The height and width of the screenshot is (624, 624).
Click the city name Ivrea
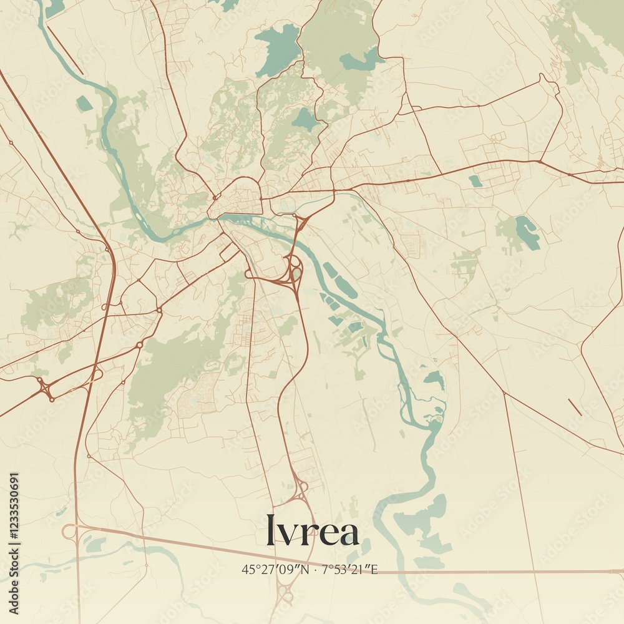click(x=312, y=530)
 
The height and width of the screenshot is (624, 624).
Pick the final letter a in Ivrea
click(x=348, y=534)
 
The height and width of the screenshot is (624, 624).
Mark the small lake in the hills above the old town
click(x=305, y=119)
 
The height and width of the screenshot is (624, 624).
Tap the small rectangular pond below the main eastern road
click(x=475, y=181)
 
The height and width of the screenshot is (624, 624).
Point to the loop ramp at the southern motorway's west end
click(x=69, y=531)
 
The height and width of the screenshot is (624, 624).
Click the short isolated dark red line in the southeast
click(x=575, y=407)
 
